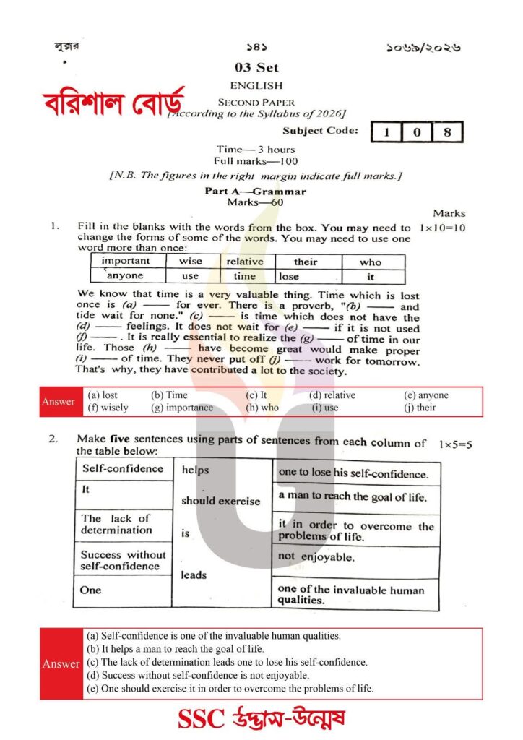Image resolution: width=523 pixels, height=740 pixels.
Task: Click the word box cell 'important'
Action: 126,261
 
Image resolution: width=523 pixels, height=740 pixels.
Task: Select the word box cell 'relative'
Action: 245,261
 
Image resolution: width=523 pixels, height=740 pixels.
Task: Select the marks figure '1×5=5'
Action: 454,444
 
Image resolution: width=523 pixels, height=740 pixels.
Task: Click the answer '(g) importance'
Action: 182,408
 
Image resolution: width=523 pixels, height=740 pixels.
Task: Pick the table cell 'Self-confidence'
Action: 123,468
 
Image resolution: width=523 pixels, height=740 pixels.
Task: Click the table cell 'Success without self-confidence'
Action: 123,560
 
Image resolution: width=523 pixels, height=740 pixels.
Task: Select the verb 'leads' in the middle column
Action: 194,575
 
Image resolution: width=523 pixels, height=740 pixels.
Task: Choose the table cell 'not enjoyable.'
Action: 316,556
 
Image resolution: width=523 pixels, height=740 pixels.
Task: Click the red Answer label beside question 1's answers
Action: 59,402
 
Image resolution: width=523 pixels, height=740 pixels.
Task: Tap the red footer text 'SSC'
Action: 203,718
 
